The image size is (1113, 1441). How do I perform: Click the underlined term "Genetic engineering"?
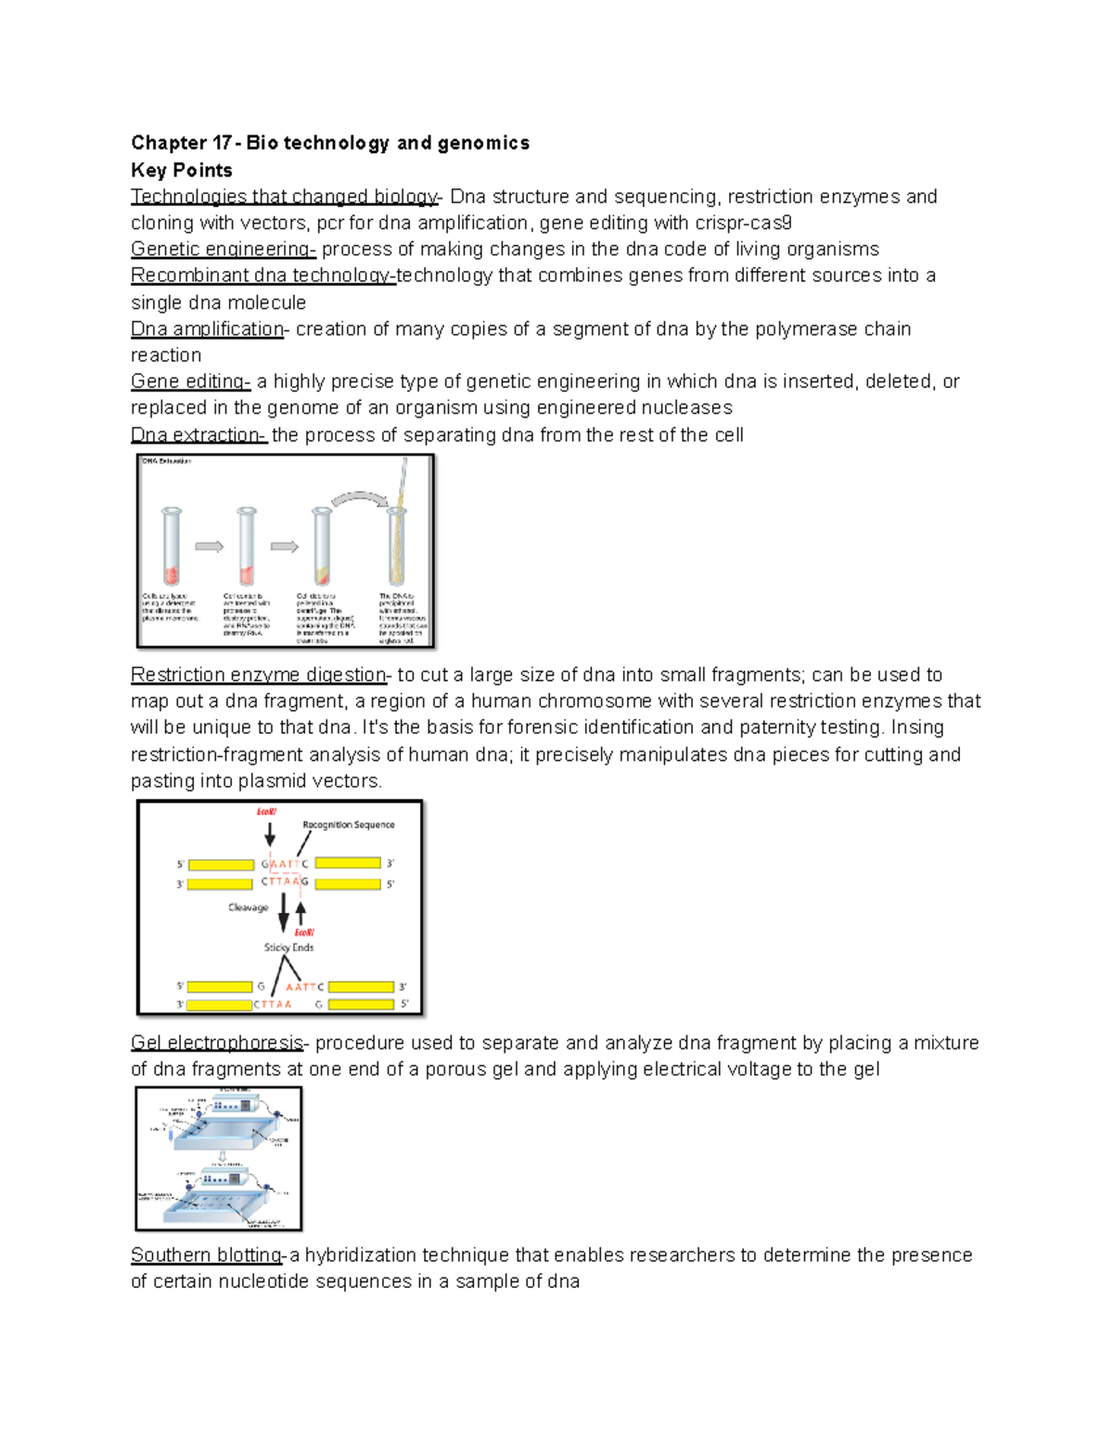coord(223,250)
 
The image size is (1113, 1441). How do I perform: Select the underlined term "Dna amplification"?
coord(208,329)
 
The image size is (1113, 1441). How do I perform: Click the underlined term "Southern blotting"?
coord(206,1255)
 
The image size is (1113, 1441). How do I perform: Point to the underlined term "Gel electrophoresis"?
coord(217,1043)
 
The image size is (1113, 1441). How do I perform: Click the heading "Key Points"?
coord(182,170)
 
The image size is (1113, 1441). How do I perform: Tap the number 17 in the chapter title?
coord(222,143)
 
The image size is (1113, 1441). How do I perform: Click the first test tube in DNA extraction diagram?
coord(172,547)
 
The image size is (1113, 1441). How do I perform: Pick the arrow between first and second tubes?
coord(209,547)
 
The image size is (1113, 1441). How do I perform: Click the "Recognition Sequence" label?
coord(348,825)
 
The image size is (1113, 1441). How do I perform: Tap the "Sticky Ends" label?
coord(288,947)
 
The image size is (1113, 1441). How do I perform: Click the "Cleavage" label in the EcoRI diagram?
coord(248,907)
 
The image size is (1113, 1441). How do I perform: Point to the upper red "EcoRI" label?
coord(266,812)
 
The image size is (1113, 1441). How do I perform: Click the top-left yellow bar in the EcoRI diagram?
coord(221,865)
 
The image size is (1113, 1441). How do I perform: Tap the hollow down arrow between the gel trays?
coord(223,1157)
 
